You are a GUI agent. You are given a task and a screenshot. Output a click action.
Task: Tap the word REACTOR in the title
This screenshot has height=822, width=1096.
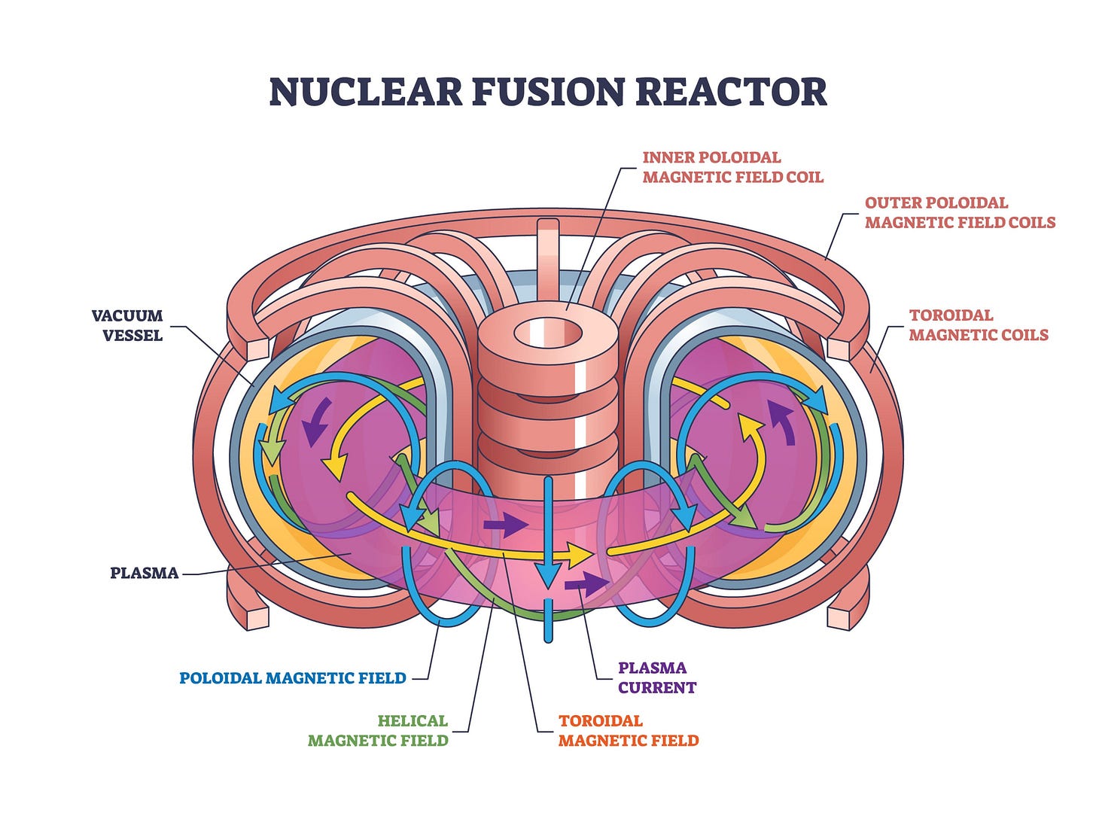(731, 92)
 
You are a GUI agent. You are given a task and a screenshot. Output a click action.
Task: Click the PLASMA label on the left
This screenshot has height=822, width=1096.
(145, 573)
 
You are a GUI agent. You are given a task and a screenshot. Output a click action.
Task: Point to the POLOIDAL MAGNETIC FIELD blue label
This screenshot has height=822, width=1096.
(293, 678)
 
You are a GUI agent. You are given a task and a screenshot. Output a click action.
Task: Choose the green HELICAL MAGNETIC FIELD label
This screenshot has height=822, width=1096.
(378, 730)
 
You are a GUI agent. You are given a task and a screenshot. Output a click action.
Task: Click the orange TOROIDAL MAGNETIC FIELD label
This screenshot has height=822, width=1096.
(629, 730)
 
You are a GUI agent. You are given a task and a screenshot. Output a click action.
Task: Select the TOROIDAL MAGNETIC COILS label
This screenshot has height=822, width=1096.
(978, 325)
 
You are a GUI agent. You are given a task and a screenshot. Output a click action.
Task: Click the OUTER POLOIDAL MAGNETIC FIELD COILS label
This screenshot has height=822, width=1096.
(960, 212)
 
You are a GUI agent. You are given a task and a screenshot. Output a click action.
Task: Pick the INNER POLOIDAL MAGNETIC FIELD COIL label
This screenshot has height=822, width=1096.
(732, 167)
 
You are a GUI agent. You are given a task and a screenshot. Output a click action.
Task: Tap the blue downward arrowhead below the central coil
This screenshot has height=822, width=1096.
(549, 576)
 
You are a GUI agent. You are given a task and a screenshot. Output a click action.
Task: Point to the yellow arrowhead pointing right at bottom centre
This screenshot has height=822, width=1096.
(580, 555)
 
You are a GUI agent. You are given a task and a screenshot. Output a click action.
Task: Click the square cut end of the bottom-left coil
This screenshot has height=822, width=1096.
(257, 617)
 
